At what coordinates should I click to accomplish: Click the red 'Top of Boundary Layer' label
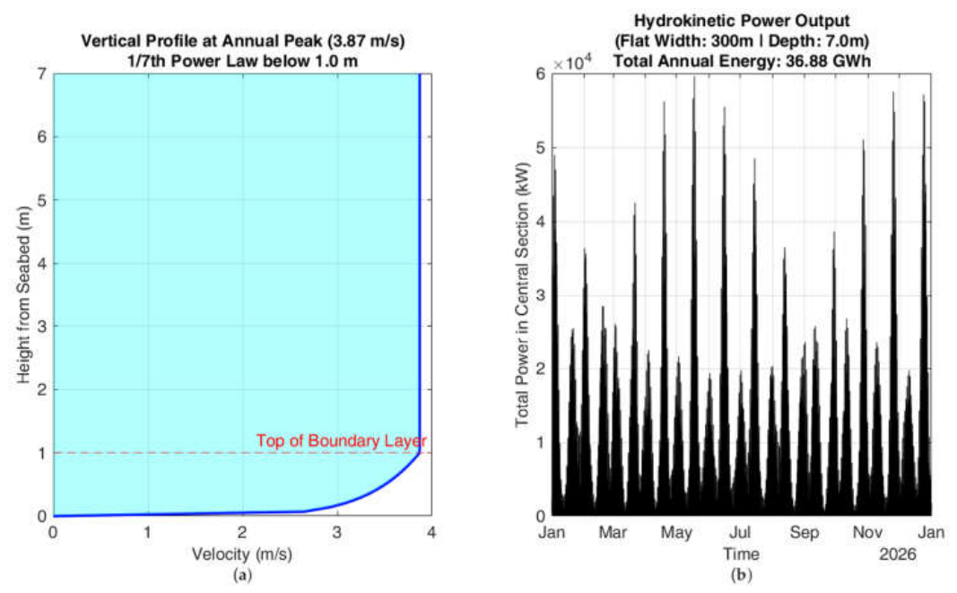(x=341, y=440)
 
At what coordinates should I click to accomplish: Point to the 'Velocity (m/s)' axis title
(x=242, y=554)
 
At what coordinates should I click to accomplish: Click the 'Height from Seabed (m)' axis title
(x=24, y=295)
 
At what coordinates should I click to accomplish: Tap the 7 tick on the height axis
(x=42, y=74)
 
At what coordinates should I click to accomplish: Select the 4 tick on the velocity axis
(x=431, y=532)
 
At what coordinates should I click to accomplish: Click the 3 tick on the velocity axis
(x=337, y=532)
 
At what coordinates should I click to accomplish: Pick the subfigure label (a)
(x=242, y=575)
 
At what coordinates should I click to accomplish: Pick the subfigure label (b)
(x=742, y=575)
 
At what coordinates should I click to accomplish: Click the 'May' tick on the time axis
(x=676, y=533)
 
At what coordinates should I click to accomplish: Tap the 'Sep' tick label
(x=805, y=533)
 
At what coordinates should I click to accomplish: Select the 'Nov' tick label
(x=867, y=533)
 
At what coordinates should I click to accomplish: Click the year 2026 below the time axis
(x=898, y=554)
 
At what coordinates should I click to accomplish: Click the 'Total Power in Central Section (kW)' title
(x=522, y=295)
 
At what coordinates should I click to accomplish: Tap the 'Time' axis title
(x=742, y=554)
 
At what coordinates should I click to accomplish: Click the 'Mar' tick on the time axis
(x=613, y=533)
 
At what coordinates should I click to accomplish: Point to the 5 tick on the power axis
(x=541, y=148)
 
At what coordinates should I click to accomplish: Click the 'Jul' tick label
(x=740, y=533)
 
